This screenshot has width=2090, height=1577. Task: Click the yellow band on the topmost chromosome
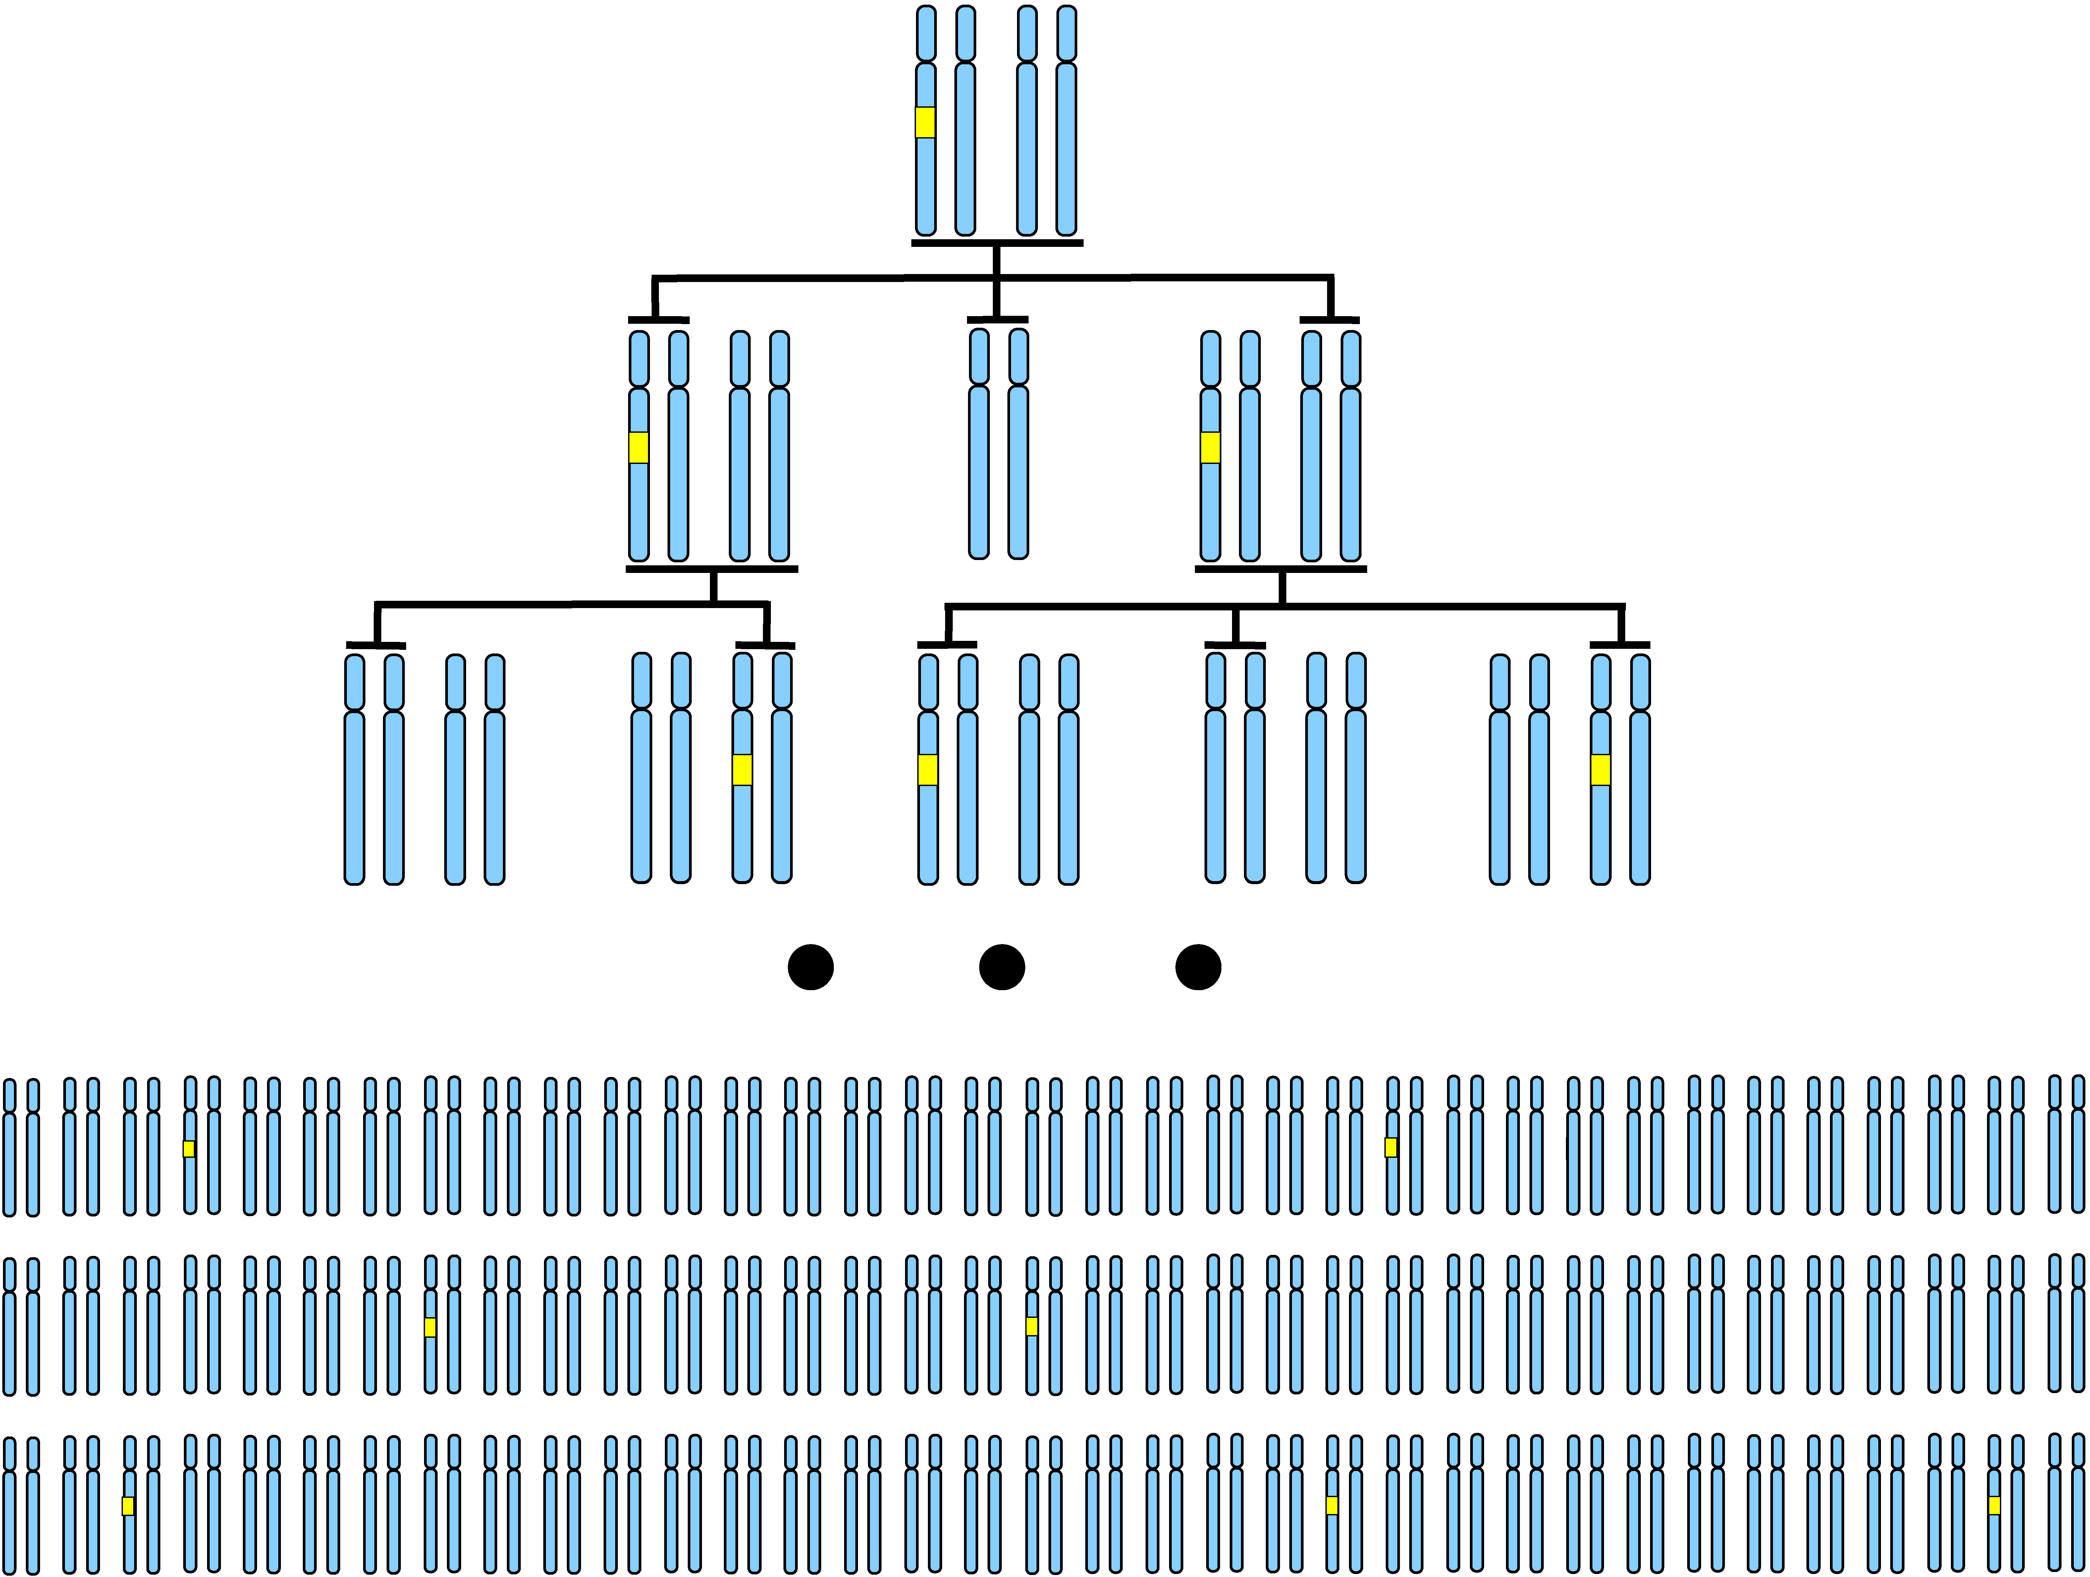[925, 123]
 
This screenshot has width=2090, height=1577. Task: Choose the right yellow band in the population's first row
[1391, 1147]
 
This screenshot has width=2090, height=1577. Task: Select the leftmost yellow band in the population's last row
[129, 1506]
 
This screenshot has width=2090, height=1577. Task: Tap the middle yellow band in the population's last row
[1332, 1505]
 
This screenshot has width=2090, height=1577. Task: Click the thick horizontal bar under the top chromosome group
[997, 243]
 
